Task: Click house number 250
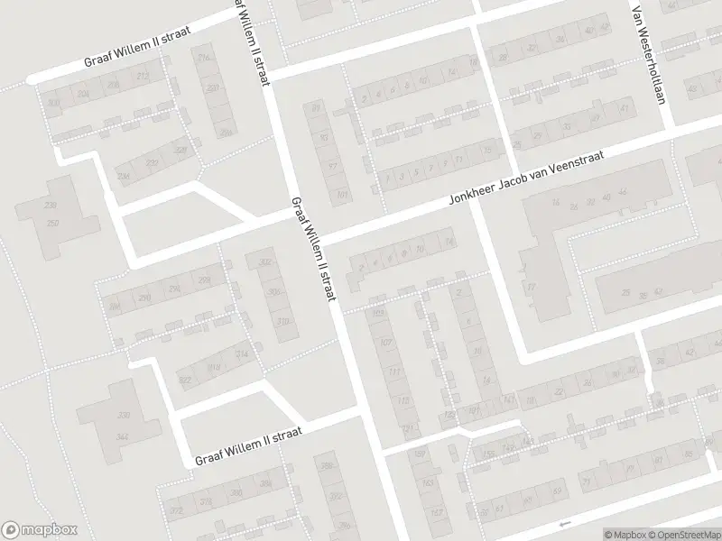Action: [53, 223]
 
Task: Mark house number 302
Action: [265, 262]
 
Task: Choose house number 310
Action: [283, 321]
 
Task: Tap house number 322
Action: [185, 381]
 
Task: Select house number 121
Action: [407, 429]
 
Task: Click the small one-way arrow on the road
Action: [565, 524]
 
